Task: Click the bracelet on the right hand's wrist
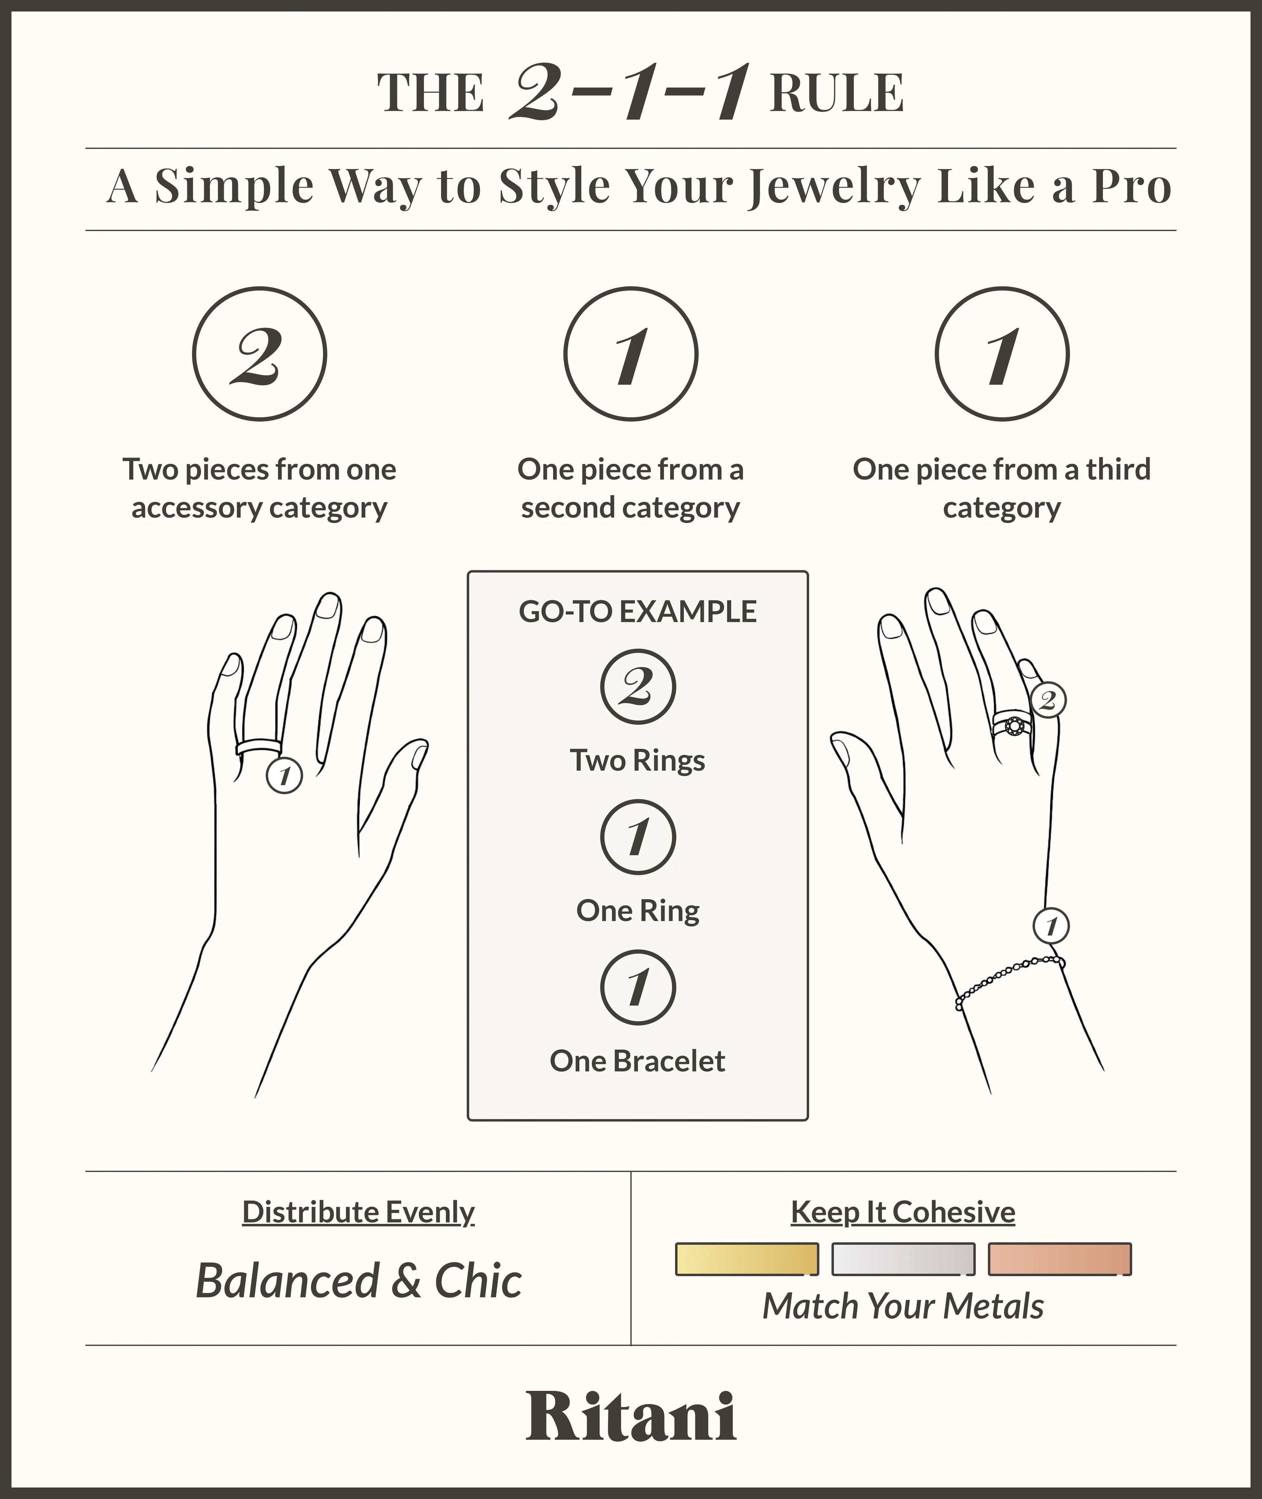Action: point(1010,982)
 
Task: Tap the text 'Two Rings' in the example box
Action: point(638,760)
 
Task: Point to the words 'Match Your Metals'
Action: point(903,1306)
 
